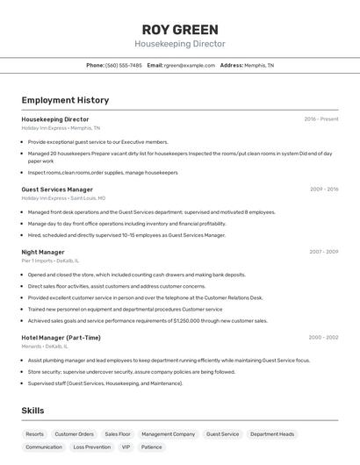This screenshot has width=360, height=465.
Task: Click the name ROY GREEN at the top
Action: tap(179, 29)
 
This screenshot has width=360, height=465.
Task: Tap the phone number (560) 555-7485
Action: tap(123, 65)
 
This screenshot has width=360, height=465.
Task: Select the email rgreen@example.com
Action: tap(189, 65)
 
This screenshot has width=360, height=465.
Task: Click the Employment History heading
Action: tap(65, 100)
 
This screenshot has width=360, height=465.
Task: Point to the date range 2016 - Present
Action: tap(320, 119)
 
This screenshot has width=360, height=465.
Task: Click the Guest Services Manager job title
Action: tap(57, 190)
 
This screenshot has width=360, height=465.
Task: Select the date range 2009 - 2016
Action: tap(323, 190)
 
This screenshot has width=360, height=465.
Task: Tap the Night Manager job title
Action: tap(43, 252)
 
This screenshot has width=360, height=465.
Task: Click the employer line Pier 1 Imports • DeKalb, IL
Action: tap(50, 261)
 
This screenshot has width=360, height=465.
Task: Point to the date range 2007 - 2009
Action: tap(323, 252)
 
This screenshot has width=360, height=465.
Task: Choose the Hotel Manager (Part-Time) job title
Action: tap(61, 338)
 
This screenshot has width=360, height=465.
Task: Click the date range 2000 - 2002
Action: tap(323, 338)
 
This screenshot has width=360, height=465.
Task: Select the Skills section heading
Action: tap(32, 411)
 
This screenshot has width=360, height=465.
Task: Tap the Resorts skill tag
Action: tap(35, 434)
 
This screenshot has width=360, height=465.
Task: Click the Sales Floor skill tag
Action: tap(118, 434)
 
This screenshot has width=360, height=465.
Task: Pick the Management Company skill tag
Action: tap(169, 434)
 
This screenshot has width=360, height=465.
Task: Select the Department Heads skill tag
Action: tap(271, 434)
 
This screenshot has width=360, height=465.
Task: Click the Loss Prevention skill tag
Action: tap(92, 447)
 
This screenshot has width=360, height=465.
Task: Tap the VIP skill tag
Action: tap(126, 447)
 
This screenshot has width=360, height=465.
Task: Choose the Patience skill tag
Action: tap(152, 447)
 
